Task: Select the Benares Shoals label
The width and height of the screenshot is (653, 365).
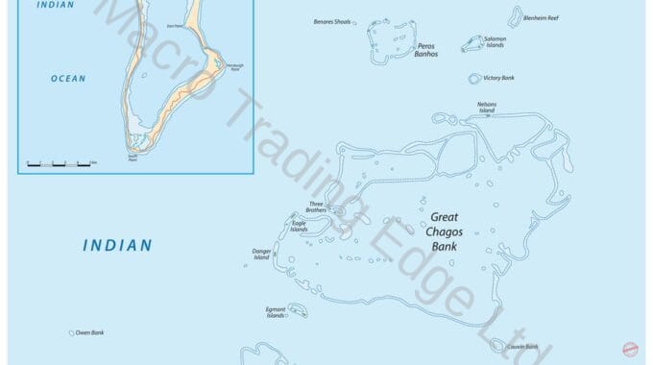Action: click(x=332, y=20)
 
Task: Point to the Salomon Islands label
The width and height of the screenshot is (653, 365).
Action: click(x=495, y=41)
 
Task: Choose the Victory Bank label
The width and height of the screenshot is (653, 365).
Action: click(x=498, y=78)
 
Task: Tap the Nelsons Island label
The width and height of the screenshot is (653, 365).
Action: click(x=487, y=107)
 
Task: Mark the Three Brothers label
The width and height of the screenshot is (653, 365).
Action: click(x=316, y=207)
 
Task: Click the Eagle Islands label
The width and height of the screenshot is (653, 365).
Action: click(x=299, y=227)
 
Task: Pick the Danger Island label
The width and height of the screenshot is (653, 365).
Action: click(x=261, y=254)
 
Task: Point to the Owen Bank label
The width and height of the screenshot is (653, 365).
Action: click(x=89, y=332)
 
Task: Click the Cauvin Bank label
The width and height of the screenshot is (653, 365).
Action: click(x=523, y=347)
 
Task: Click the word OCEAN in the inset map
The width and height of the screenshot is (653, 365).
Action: click(x=68, y=79)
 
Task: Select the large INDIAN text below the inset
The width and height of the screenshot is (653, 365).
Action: click(x=117, y=246)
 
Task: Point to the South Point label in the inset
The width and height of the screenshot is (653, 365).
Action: click(x=133, y=157)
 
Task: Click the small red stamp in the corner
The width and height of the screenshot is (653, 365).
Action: click(x=631, y=352)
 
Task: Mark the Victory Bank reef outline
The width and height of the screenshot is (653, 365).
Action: click(x=474, y=79)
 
